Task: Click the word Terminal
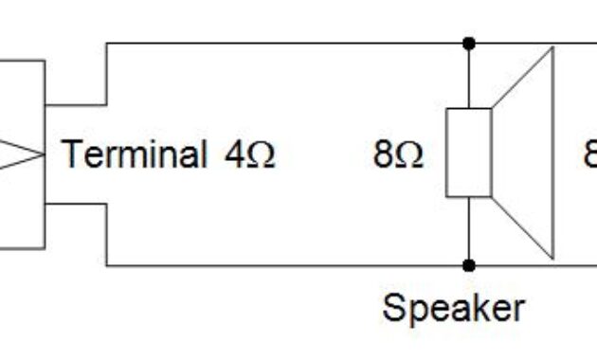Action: (x=134, y=153)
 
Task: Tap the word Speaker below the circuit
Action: (x=453, y=307)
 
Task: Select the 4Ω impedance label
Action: (x=249, y=153)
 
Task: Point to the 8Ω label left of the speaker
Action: (x=397, y=153)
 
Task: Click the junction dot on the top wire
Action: (x=469, y=44)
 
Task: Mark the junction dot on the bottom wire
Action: (x=469, y=266)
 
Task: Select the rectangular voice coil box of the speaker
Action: (x=469, y=153)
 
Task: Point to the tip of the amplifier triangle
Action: (x=43, y=153)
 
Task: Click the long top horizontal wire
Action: (x=284, y=43)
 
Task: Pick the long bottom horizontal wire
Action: (x=284, y=266)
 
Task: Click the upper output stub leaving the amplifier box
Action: (x=76, y=103)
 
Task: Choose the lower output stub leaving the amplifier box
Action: (x=76, y=204)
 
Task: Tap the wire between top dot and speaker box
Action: (x=469, y=76)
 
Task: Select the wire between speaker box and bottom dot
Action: (x=469, y=232)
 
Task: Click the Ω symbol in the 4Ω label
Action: (x=261, y=154)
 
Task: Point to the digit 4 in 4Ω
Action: (x=234, y=153)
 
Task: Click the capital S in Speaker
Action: (x=392, y=307)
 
